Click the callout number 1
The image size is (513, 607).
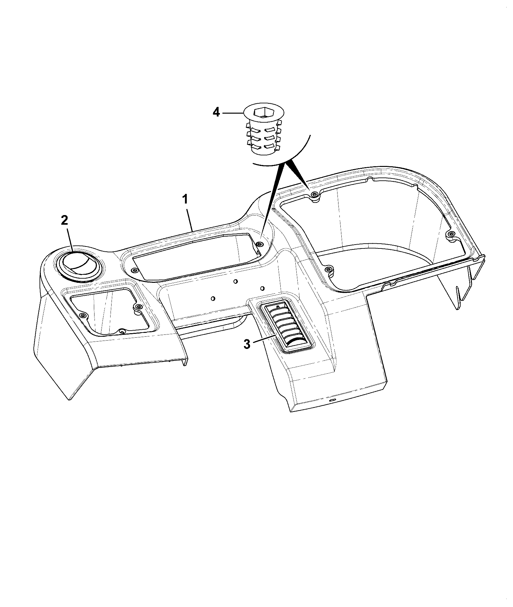point(185,200)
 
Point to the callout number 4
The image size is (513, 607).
point(216,113)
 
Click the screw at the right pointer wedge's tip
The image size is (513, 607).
point(314,195)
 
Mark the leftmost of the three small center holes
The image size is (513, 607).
point(212,299)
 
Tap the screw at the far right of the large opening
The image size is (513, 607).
point(451,233)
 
